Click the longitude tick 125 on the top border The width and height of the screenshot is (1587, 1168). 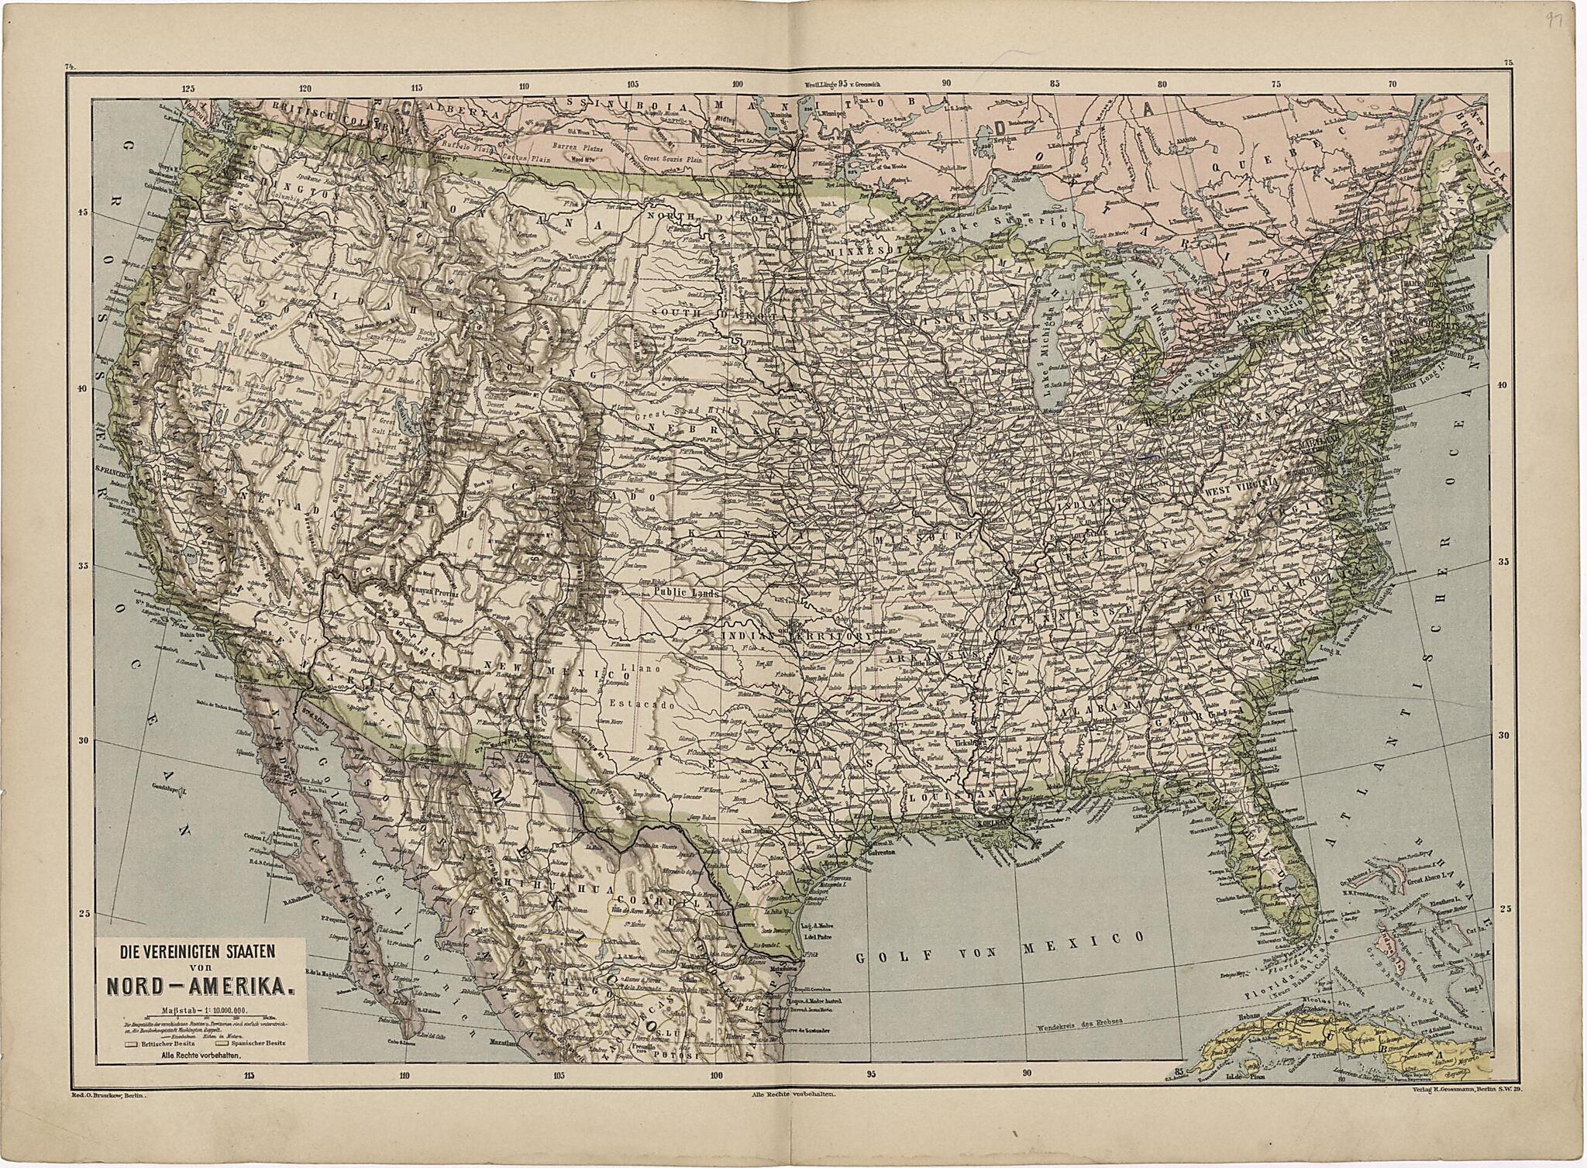188,88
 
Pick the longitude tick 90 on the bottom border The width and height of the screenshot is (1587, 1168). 1026,1075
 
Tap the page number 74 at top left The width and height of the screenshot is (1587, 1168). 70,69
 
